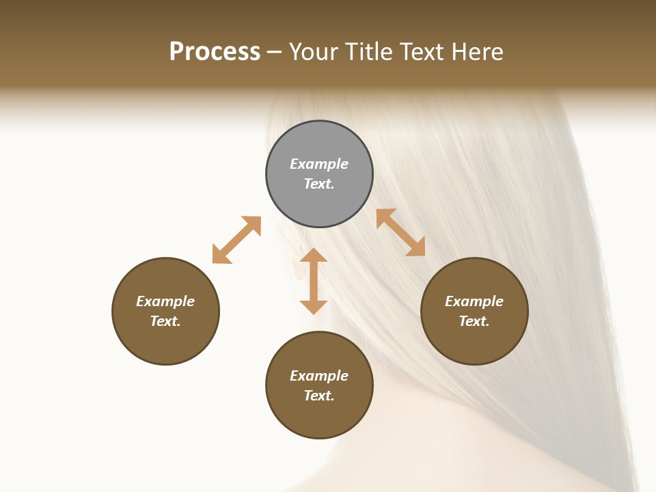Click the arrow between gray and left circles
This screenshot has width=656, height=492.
click(x=236, y=240)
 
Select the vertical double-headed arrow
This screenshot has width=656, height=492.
click(x=314, y=281)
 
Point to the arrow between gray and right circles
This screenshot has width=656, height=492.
click(x=401, y=232)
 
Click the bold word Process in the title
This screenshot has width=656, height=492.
click(x=215, y=52)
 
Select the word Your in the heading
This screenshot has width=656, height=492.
click(x=314, y=52)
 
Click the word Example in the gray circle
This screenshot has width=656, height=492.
click(x=319, y=164)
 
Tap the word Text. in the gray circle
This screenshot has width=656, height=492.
click(x=319, y=184)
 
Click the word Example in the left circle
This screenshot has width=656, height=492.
click(x=165, y=301)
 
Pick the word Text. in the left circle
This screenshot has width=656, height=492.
click(x=165, y=321)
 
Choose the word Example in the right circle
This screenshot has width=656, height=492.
click(x=474, y=301)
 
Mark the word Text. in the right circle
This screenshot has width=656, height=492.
click(x=474, y=321)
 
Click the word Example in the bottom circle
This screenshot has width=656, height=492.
click(x=319, y=376)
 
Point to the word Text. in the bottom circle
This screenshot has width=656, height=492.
click(x=319, y=396)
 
